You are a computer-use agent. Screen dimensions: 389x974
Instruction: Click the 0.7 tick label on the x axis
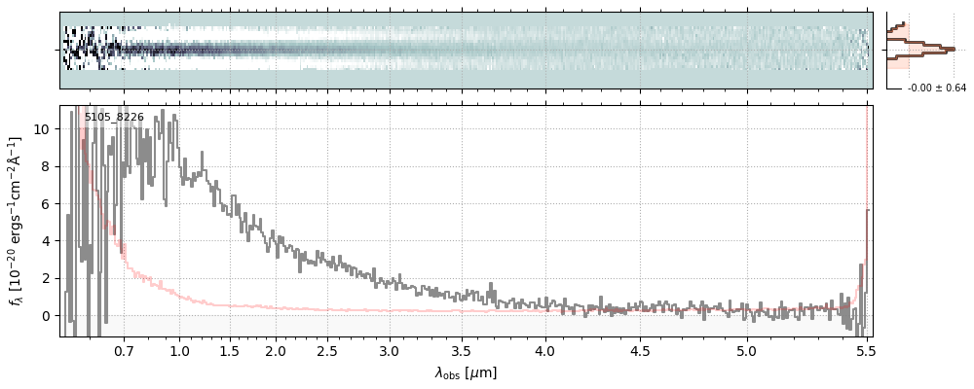[124, 350]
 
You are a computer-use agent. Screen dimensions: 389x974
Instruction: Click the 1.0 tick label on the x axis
[179, 350]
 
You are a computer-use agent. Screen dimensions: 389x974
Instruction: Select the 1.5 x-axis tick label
[229, 350]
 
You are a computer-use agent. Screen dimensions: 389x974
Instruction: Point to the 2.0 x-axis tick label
[276, 350]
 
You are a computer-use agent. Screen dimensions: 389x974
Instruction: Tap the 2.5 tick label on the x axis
[327, 350]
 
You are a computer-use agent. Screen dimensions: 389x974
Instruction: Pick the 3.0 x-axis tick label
[390, 350]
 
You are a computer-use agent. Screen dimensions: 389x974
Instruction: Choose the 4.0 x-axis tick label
[545, 350]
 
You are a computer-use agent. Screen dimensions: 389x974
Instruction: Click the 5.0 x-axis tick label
[746, 350]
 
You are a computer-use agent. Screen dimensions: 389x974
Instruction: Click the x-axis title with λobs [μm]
[466, 372]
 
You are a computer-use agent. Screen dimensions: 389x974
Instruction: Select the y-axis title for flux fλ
[17, 221]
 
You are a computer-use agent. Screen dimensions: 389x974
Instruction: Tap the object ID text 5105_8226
[114, 118]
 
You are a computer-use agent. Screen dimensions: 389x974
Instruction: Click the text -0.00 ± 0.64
[936, 88]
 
